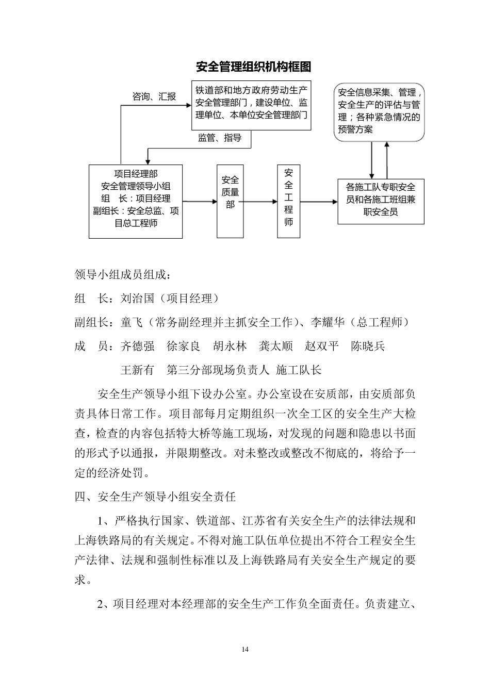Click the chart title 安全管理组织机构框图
[x=253, y=67]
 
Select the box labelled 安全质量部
[x=230, y=201]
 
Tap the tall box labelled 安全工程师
[x=288, y=201]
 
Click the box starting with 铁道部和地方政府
[x=251, y=105]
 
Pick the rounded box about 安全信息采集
[x=379, y=112]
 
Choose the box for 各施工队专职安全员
[x=381, y=201]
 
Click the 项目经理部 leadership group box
[x=136, y=201]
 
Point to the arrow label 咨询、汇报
[x=154, y=96]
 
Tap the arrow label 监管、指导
[x=220, y=138]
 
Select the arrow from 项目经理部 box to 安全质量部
[x=200, y=202]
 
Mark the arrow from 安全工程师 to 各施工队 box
[x=319, y=202]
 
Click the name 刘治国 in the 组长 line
[x=137, y=299]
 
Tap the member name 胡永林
[x=230, y=346]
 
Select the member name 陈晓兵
[x=368, y=346]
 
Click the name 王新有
[x=137, y=370]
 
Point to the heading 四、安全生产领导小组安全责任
[x=155, y=497]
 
